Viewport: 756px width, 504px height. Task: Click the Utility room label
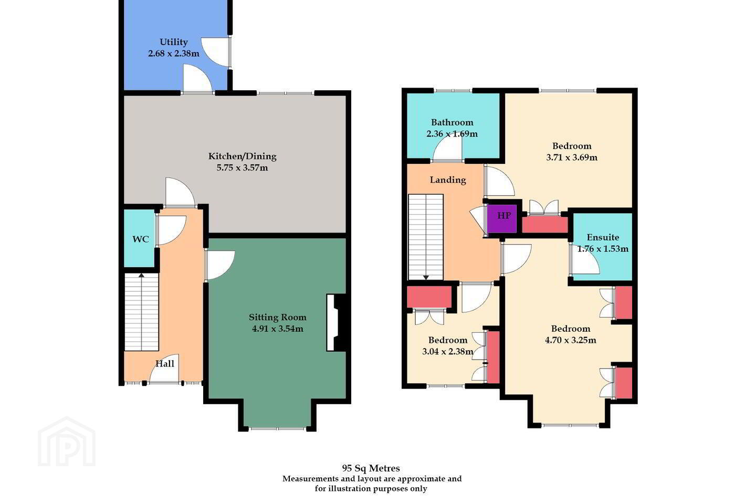click(x=173, y=42)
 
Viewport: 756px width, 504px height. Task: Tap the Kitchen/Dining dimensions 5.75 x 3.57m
click(x=243, y=168)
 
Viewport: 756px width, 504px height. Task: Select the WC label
click(x=140, y=239)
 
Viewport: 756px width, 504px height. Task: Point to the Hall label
click(x=165, y=364)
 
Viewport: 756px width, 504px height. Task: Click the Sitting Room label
click(x=277, y=317)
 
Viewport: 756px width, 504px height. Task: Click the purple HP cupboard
click(x=502, y=219)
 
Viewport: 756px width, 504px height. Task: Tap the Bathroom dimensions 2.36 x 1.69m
click(x=452, y=134)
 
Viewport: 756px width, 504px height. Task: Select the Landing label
click(x=447, y=180)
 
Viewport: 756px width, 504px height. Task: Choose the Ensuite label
click(x=603, y=237)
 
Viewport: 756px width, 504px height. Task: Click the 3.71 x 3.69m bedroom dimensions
click(x=572, y=157)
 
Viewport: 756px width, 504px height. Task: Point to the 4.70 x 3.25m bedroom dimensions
click(x=570, y=340)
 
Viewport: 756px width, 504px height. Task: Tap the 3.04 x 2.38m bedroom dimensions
click(x=447, y=351)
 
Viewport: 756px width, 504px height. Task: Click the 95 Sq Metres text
click(x=371, y=468)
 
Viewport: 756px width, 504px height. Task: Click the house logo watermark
click(x=67, y=442)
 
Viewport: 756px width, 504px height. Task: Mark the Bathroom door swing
click(x=447, y=147)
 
